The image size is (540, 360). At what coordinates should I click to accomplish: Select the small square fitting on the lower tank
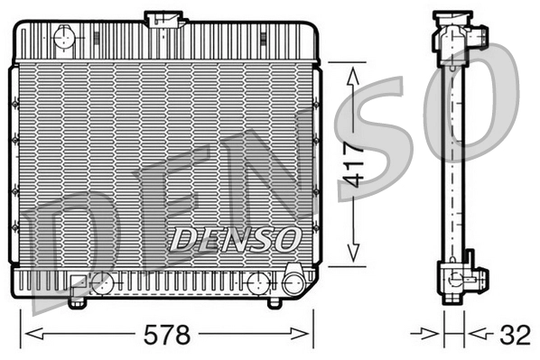pos(77,282)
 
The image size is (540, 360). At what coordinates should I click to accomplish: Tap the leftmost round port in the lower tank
pos(105,282)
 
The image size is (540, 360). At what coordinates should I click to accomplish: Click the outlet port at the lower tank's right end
pos(293,282)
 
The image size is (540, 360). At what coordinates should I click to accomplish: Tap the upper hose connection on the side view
pos(478,35)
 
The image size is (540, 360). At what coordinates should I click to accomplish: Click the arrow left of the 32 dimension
pos(429,336)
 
